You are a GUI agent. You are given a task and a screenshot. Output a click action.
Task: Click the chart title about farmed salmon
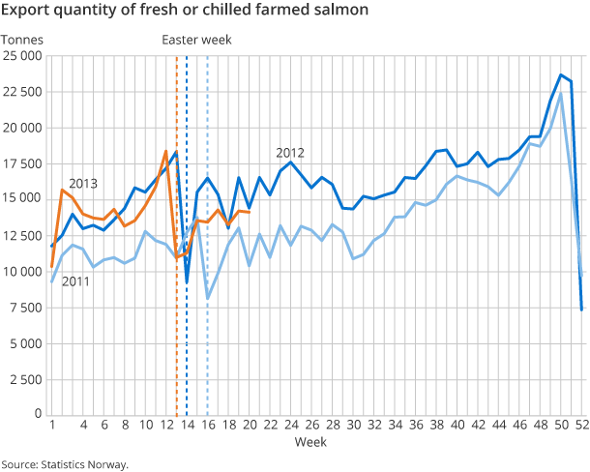184,13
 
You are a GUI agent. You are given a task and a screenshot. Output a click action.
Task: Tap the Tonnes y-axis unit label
20,40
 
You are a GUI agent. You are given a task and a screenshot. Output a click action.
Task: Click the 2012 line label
290,152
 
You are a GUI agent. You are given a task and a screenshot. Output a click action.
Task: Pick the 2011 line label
77,281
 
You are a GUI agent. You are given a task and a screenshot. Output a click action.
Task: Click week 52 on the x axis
581,425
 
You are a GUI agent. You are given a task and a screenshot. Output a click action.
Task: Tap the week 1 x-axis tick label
51,425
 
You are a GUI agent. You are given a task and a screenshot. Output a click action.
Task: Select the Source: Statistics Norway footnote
65,464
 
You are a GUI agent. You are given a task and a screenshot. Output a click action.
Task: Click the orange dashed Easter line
176,290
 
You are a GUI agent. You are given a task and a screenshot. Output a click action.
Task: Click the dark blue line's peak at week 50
561,74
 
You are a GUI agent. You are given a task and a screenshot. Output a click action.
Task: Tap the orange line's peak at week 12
165,152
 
